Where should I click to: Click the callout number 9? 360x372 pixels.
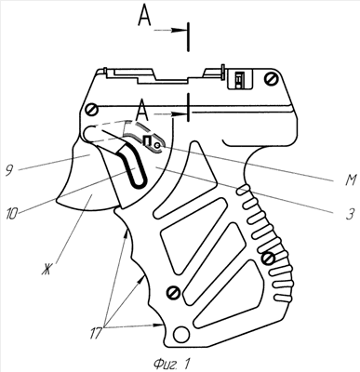pos(10,171)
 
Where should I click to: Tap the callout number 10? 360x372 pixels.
pos(12,215)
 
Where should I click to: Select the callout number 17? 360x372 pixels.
pos(96,334)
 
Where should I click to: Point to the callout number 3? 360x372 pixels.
pos(349,214)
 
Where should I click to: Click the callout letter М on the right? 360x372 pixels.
pos(350,180)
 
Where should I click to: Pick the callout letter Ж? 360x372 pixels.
pos(47,270)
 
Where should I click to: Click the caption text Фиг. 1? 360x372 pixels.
pos(171,364)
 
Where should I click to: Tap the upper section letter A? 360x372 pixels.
pos(144,17)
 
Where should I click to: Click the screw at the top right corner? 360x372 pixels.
pos(272,78)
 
